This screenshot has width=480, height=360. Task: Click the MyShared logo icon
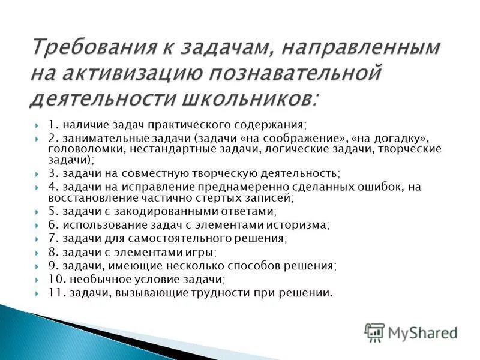pyautogui.click(x=374, y=332)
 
